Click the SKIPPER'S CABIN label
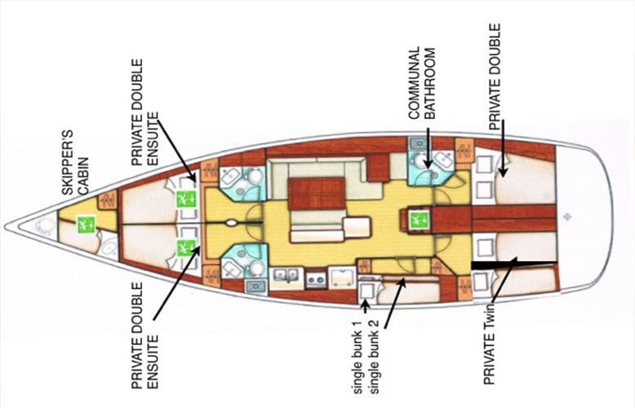(75, 162)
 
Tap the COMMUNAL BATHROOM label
(422, 83)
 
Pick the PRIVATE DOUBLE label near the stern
(495, 77)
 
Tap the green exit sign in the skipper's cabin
(87, 224)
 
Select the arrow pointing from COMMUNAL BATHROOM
(428, 149)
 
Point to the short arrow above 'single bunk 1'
(365, 306)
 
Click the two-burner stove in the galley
(316, 278)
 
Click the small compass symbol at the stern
(567, 217)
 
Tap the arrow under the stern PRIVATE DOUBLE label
(503, 149)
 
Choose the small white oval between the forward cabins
(231, 223)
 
